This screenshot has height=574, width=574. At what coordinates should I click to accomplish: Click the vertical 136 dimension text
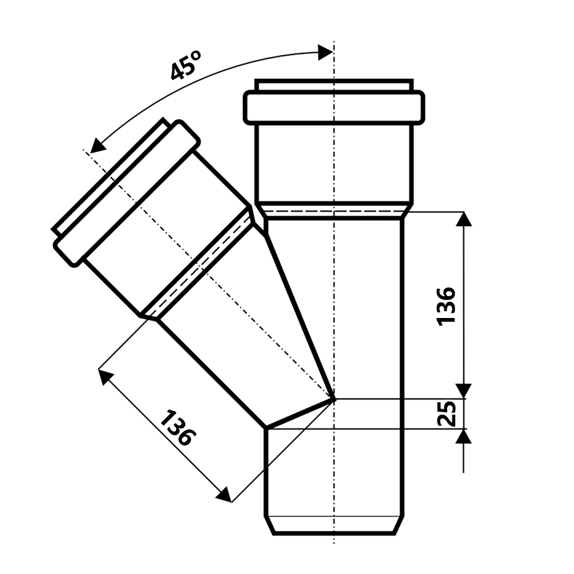coord(446,305)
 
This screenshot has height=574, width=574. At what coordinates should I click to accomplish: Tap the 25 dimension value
coord(447,414)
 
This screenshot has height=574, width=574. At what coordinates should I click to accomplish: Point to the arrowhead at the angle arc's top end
coord(325,52)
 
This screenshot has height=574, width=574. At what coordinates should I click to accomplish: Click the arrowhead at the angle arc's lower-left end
coord(97,146)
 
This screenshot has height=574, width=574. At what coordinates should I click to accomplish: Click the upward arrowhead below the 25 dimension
coord(463,436)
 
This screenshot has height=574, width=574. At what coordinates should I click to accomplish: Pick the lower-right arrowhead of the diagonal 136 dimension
coord(224,494)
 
